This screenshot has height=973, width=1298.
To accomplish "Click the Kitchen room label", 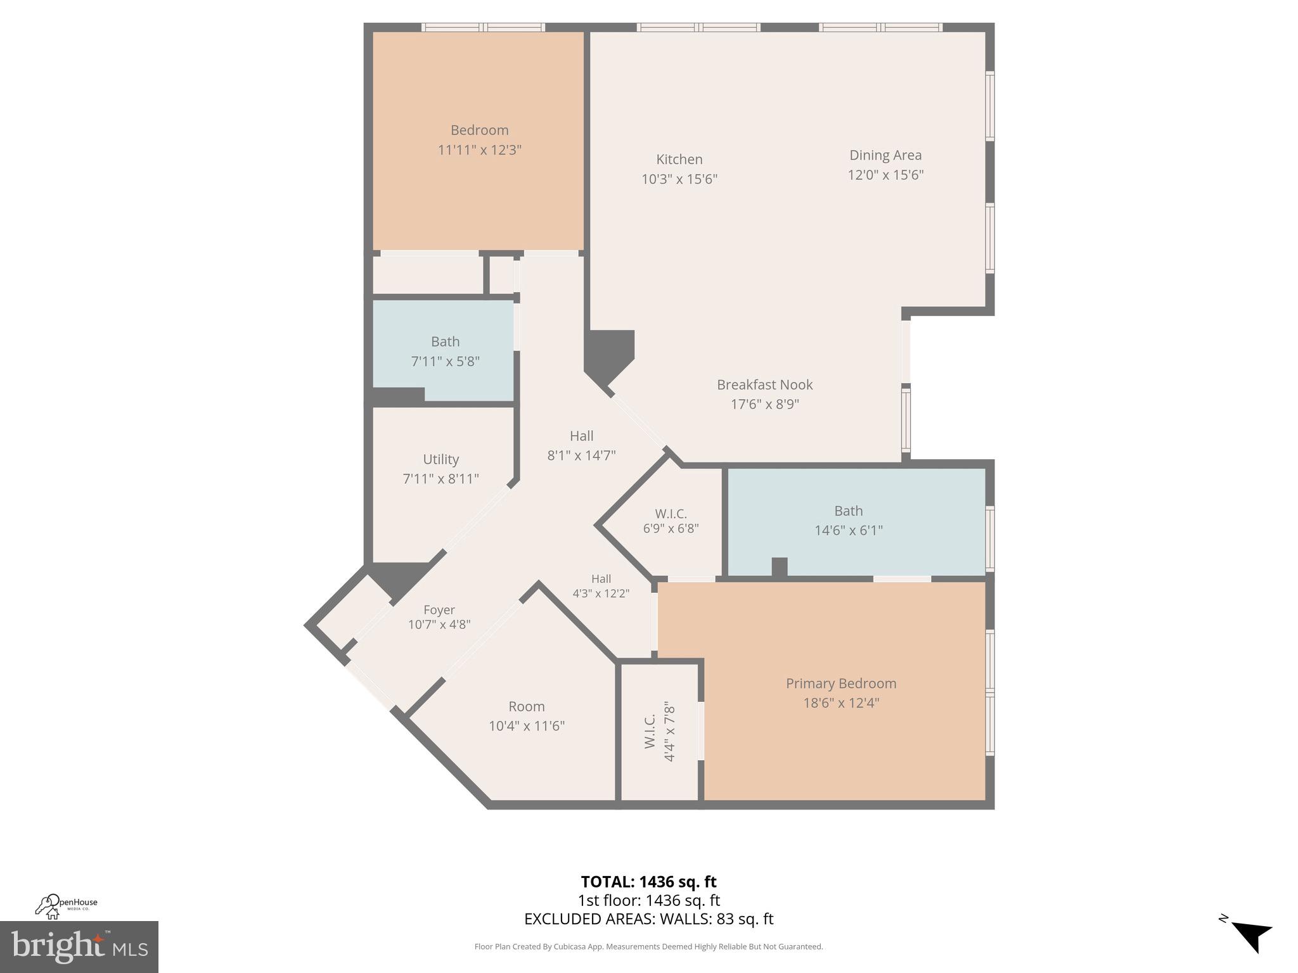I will [x=679, y=160].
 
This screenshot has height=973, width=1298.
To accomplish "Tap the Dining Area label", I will [x=885, y=155].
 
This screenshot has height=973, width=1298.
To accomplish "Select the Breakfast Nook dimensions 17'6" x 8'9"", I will [x=764, y=404].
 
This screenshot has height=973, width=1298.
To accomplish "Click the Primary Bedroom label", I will [x=840, y=684].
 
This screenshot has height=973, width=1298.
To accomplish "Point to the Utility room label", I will [x=440, y=459].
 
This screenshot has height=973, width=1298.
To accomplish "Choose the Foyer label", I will [x=439, y=610].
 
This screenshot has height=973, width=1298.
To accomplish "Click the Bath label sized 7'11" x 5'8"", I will [x=445, y=342].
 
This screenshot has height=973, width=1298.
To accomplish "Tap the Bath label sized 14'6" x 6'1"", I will [x=848, y=511].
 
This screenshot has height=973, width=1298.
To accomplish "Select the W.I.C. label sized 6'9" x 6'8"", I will [x=671, y=514].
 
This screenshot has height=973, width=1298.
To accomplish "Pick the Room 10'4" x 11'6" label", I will [x=526, y=707].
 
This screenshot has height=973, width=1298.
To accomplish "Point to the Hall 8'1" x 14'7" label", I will [x=581, y=436].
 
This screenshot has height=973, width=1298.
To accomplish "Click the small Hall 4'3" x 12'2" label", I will [x=601, y=579].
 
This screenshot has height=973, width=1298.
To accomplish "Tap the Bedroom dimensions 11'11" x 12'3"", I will [x=479, y=150].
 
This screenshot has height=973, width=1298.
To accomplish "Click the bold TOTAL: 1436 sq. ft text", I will [x=648, y=882].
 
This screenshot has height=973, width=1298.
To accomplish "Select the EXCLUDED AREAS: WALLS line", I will [x=648, y=919].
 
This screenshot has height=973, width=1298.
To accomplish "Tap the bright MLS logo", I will [x=79, y=947].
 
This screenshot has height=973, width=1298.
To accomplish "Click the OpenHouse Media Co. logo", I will [x=66, y=906].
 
